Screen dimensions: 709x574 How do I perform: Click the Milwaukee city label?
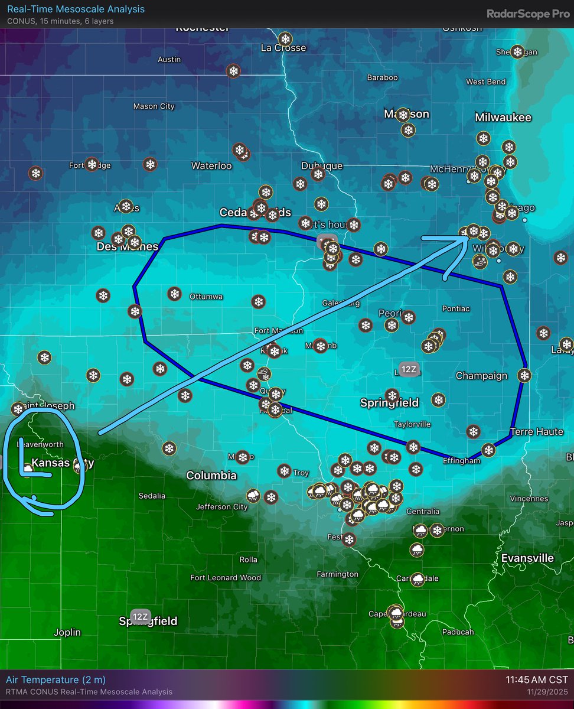click(x=503, y=118)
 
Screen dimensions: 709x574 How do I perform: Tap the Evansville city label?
click(x=527, y=558)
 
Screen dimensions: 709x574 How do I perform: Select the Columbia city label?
click(x=211, y=475)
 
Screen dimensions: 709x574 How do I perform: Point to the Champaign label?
click(x=481, y=376)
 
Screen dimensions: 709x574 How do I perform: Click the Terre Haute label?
click(x=536, y=431)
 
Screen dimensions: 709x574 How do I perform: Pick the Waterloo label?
click(x=211, y=165)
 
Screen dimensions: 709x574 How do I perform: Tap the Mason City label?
click(x=154, y=106)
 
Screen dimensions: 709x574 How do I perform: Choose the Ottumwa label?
click(x=206, y=297)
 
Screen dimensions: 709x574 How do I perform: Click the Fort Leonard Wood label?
click(x=226, y=578)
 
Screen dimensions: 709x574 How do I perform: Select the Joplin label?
click(x=67, y=632)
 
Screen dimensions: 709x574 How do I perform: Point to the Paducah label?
click(x=458, y=632)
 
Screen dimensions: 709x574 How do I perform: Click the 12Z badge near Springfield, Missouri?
click(x=140, y=617)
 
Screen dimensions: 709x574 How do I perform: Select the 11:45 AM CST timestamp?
click(x=536, y=680)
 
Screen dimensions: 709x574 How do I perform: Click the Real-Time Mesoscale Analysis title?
click(x=76, y=9)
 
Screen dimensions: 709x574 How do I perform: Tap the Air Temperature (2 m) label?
click(x=56, y=680)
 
